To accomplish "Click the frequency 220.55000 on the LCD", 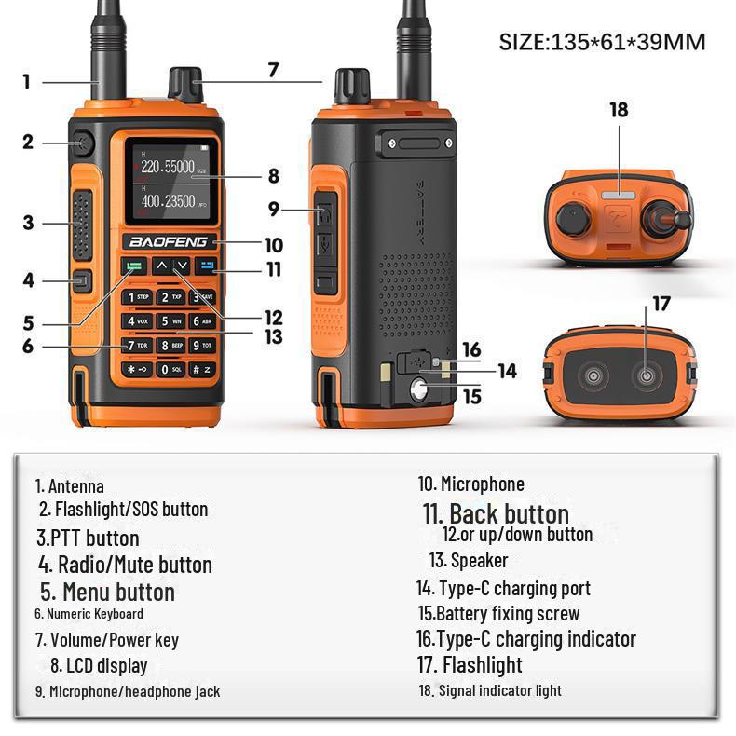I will coord(168,168).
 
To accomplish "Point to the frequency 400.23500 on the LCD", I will coord(168,200).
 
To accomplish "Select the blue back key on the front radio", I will coord(206,266).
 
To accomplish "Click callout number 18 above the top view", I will coord(619,110).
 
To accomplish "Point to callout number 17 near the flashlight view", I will coord(661,304).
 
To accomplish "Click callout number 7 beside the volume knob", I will coord(272,69).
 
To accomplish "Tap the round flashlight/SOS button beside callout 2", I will coord(82,143).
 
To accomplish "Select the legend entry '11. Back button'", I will coord(495,513).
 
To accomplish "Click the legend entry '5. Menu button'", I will coord(107,592).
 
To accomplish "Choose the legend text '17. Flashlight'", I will coord(469,664).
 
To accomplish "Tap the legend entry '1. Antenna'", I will coord(70,485).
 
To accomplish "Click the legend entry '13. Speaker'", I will coord(469,560).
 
